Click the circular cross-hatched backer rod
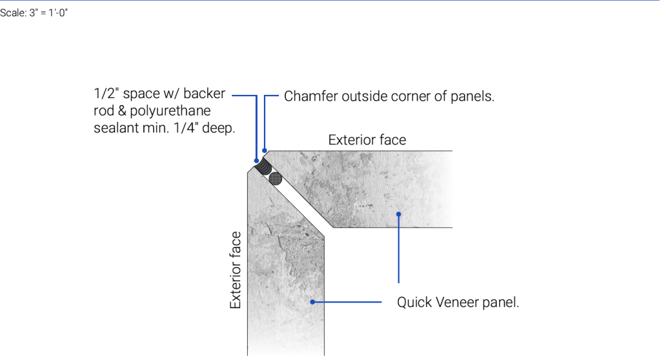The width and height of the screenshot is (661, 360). click(x=276, y=178)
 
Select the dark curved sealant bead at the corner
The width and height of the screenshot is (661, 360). click(x=263, y=166)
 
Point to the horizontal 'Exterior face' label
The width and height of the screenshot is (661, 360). click(x=367, y=140)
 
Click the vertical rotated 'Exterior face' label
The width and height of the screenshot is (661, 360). click(x=236, y=270)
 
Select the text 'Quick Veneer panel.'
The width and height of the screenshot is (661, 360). click(x=458, y=302)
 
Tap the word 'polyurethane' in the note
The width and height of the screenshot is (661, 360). click(x=170, y=111)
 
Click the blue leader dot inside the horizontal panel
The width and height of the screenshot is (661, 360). click(x=399, y=214)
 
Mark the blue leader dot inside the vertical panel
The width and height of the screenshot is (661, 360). click(x=312, y=301)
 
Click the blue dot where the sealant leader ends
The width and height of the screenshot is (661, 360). click(x=257, y=159)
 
